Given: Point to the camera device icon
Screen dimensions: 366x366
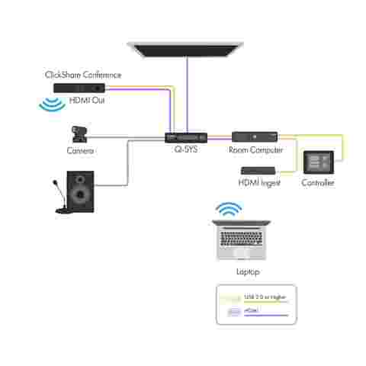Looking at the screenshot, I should (x=79, y=136).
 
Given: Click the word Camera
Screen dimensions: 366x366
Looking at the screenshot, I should (x=81, y=151).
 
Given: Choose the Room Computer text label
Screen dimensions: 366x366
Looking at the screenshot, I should (x=256, y=150).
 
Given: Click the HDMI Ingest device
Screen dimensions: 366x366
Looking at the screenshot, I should (x=256, y=170).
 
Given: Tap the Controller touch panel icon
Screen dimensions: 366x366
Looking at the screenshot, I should (x=318, y=162).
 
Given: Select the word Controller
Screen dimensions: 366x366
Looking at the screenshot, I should (x=318, y=183).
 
